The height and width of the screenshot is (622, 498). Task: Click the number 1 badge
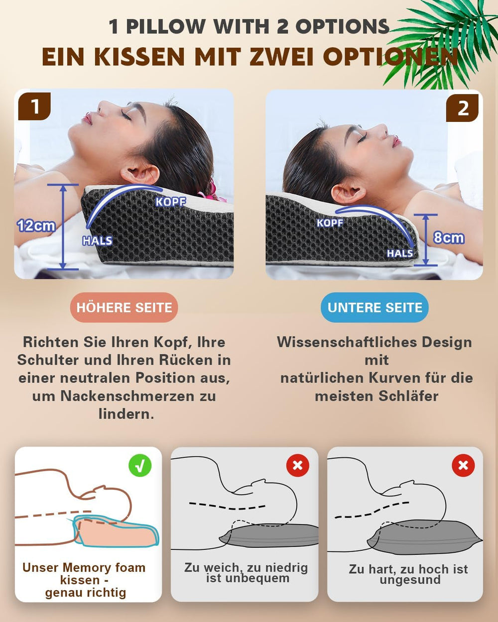[x=34, y=106]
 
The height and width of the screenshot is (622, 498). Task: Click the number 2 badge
[x=462, y=107]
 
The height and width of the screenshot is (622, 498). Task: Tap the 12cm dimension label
[x=36, y=225]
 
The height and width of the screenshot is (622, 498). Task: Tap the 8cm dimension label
[x=448, y=238]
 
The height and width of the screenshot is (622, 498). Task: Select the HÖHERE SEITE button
[x=124, y=308]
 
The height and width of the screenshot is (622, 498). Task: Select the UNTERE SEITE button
[x=374, y=308]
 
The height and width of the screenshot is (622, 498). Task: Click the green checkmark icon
[x=140, y=465]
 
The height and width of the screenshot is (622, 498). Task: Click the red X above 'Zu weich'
[x=297, y=465]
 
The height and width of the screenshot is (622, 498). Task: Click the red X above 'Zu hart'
[x=463, y=465]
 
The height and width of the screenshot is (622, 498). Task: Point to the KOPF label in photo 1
[x=170, y=202]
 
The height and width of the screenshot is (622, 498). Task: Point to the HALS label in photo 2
[x=399, y=253]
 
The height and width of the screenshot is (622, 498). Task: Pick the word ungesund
[x=410, y=580]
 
